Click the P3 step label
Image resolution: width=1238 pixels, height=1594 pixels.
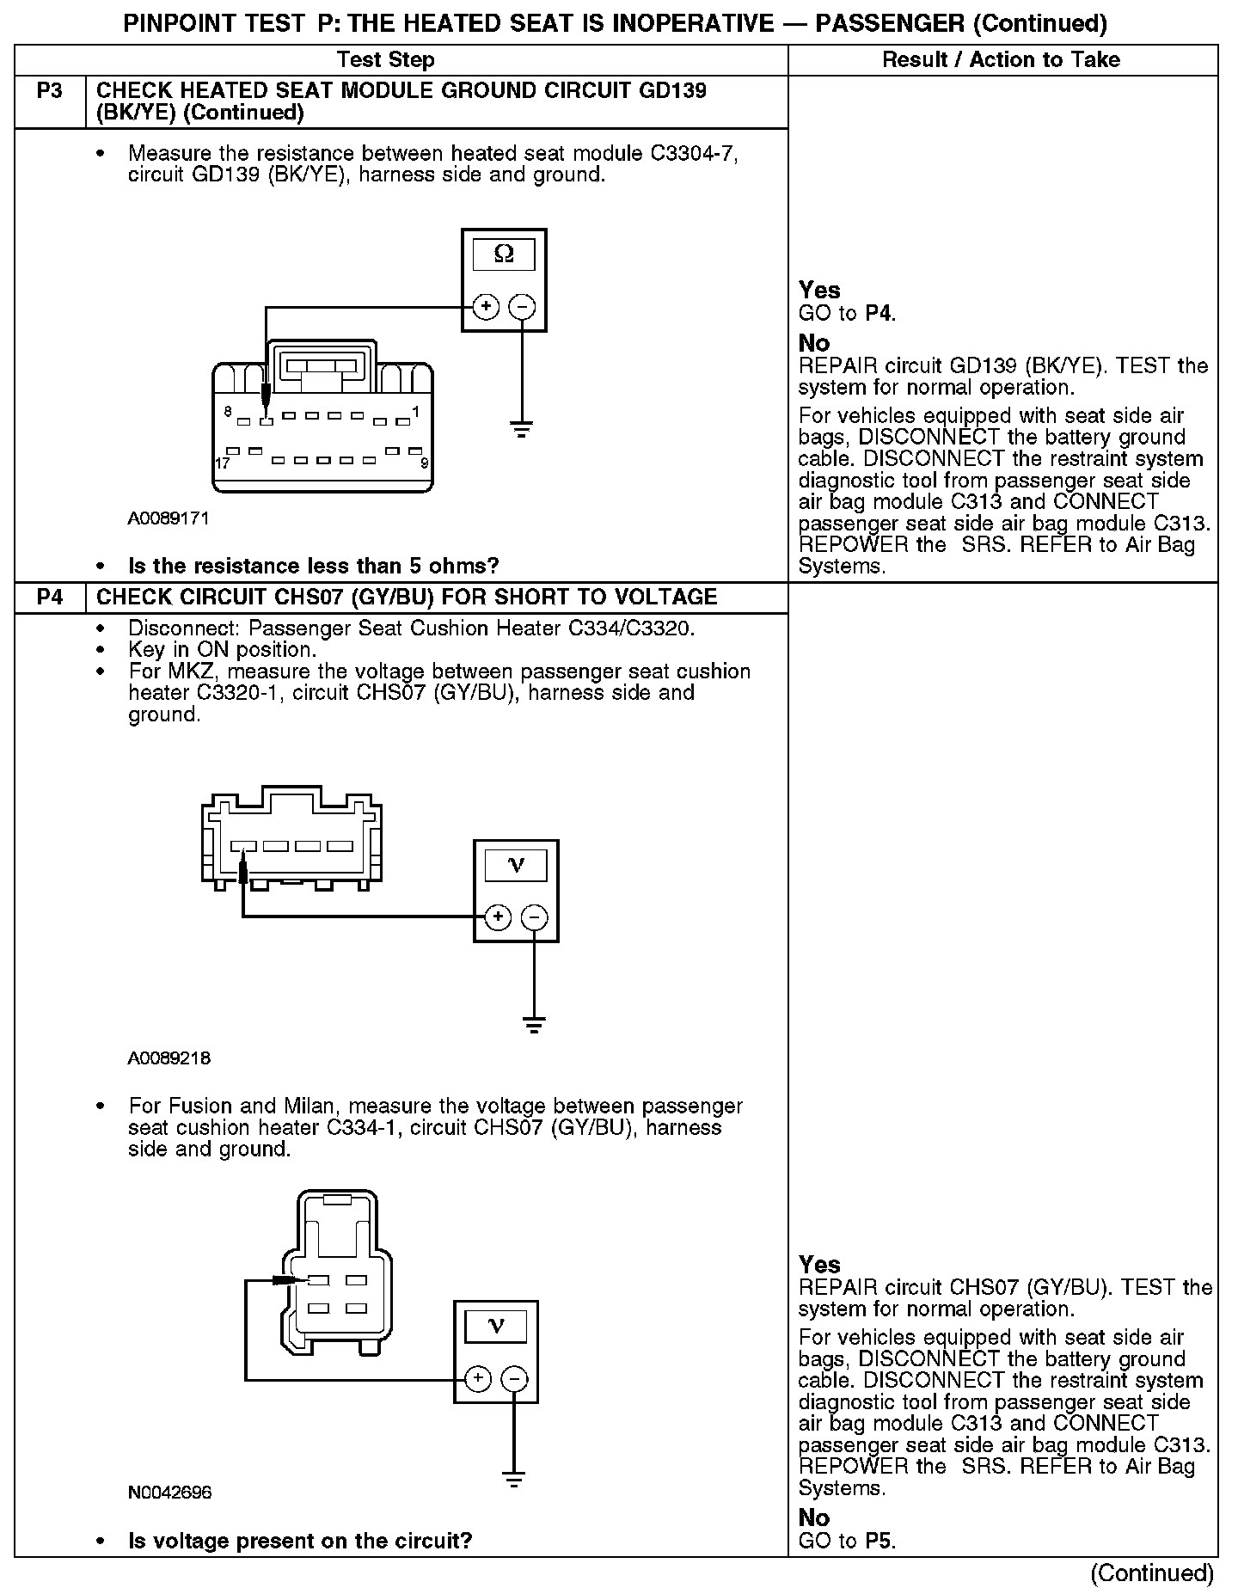(x=50, y=90)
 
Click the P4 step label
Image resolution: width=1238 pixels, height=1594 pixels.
(x=50, y=597)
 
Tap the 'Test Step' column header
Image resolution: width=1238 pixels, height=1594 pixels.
(x=385, y=59)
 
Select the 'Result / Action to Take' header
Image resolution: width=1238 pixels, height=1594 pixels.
(x=1001, y=59)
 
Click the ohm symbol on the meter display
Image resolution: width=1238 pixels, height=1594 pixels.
(x=504, y=254)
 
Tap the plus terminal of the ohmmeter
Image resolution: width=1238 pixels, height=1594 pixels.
(x=486, y=306)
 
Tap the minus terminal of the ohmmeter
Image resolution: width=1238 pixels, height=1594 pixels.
(x=522, y=306)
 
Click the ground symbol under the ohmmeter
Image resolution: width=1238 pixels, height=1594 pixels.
(x=522, y=427)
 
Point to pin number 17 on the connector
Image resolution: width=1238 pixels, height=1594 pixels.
(x=221, y=463)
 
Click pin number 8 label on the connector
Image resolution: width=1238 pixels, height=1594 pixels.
(x=228, y=412)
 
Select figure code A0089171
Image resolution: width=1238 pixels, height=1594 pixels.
(x=169, y=518)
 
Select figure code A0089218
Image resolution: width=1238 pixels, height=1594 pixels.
(x=169, y=1058)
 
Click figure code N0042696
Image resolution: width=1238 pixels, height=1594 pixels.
(x=169, y=1492)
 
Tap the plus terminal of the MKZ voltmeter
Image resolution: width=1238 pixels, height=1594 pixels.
(x=498, y=917)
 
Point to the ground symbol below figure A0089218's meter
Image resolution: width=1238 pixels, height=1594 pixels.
(x=534, y=1023)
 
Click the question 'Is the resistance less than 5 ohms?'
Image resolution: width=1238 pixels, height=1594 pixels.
(x=313, y=566)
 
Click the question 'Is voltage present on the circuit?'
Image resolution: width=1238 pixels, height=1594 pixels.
(x=300, y=1540)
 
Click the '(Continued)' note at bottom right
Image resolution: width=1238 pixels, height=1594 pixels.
(x=1151, y=1573)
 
